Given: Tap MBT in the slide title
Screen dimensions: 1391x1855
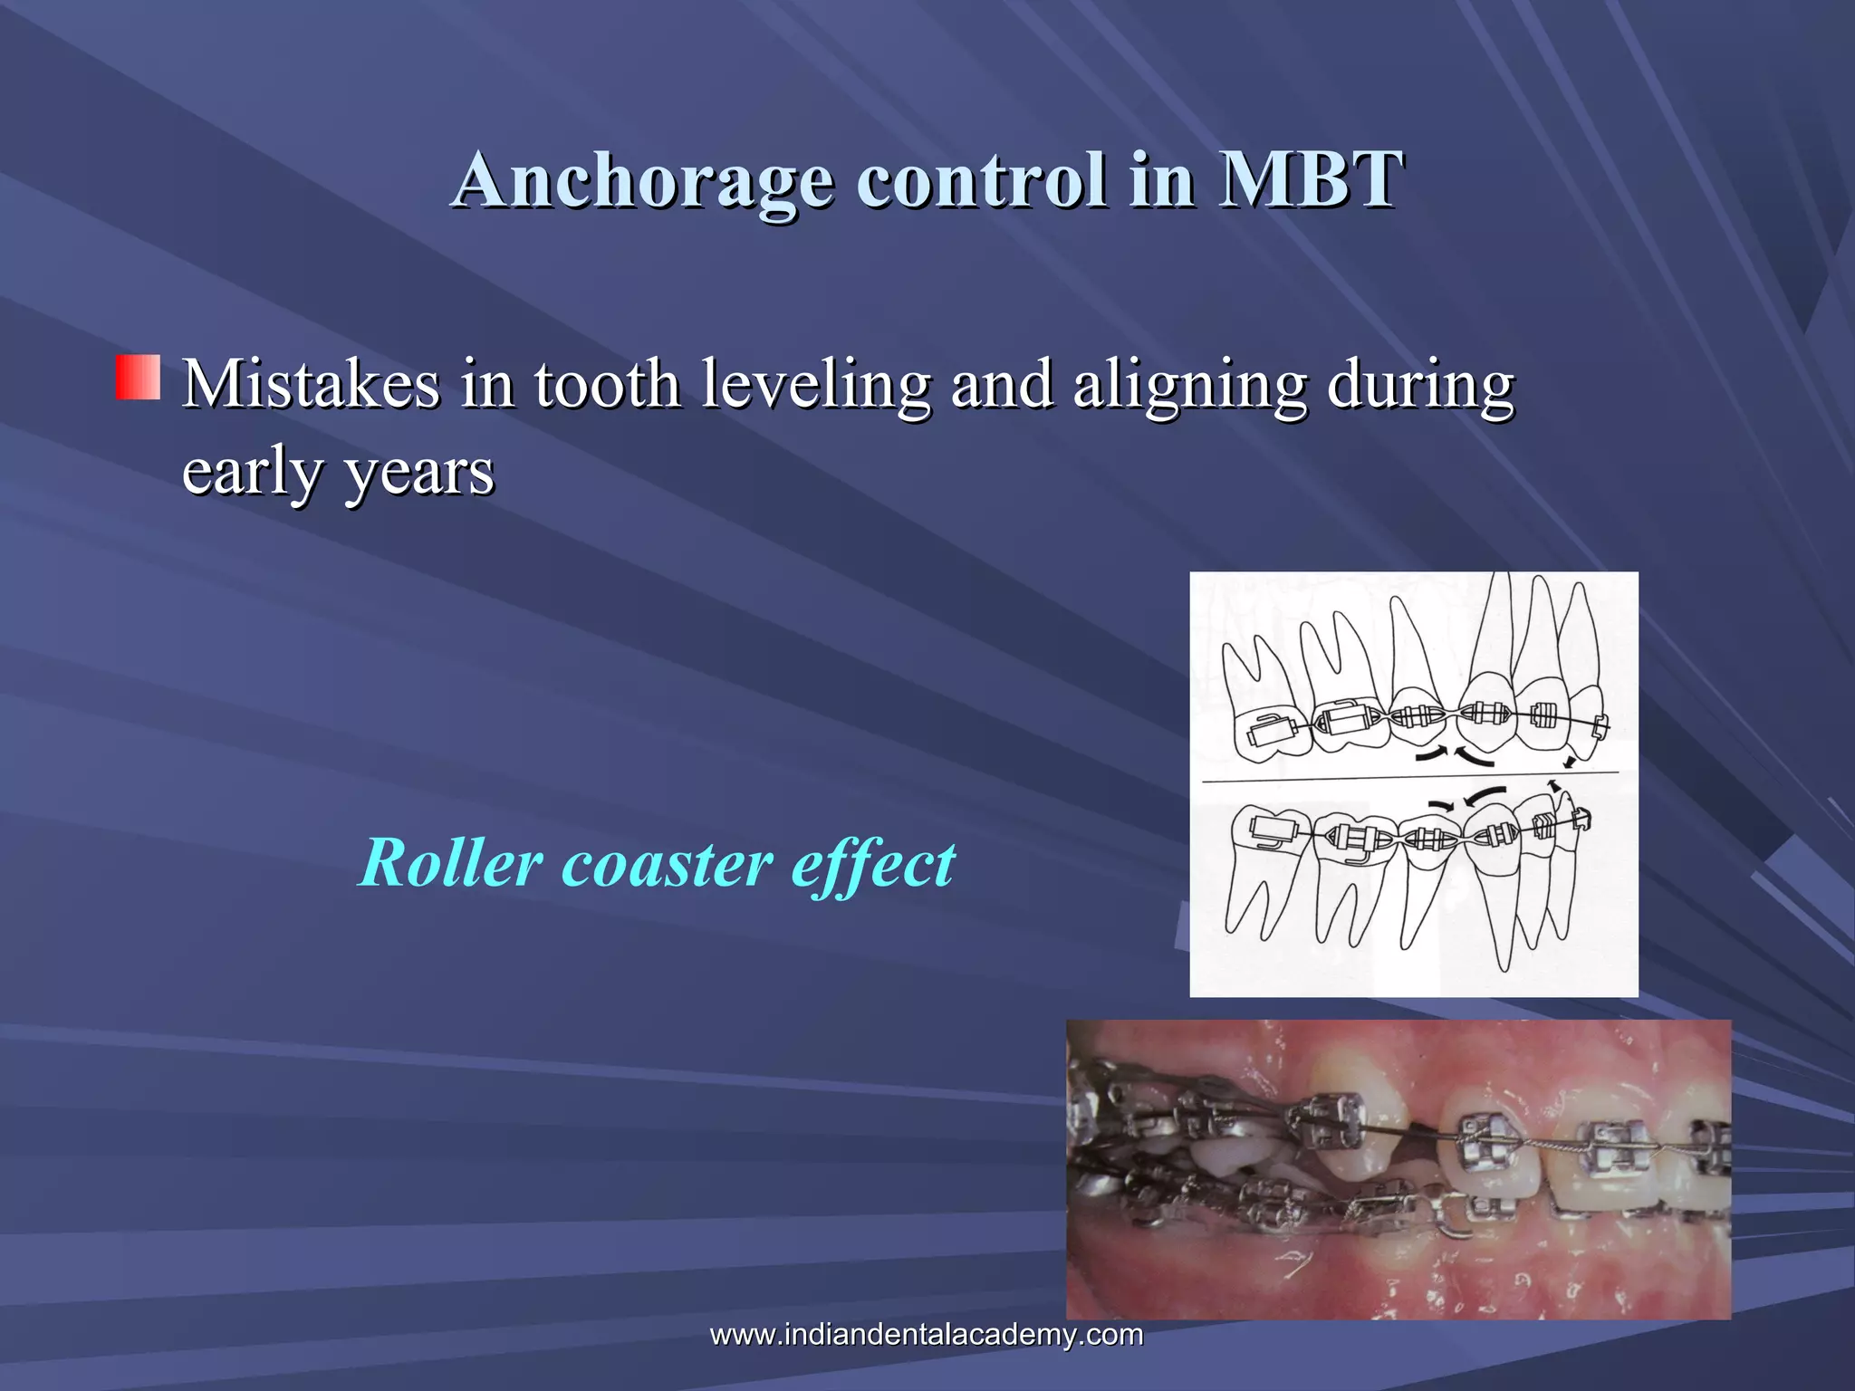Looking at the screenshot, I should (1311, 178).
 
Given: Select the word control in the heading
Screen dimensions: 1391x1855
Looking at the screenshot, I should (981, 178).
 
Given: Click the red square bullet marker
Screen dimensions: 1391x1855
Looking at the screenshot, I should (138, 378).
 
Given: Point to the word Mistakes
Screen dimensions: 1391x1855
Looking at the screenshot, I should (311, 384).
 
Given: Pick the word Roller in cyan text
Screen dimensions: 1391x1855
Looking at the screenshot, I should (450, 862).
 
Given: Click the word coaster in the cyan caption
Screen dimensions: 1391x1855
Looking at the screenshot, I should (668, 864).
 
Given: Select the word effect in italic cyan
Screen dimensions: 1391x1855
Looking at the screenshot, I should (872, 864).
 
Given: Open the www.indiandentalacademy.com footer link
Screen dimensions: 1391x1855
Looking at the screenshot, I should (927, 1334).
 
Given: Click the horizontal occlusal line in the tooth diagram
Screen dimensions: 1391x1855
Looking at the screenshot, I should (1408, 776).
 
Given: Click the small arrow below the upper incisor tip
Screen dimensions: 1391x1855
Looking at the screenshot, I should (1569, 763).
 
